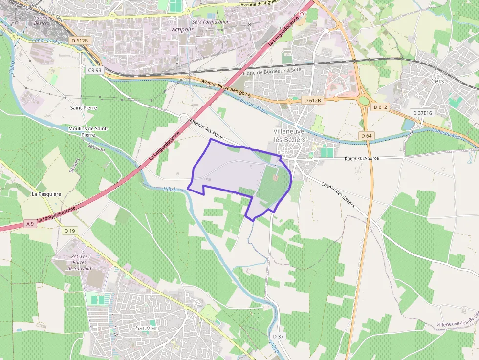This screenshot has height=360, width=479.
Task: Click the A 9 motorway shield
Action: (30, 224)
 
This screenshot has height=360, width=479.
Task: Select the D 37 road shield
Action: (278, 336)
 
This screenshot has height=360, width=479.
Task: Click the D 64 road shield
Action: (367, 135)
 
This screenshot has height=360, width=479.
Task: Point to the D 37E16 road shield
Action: (422, 113)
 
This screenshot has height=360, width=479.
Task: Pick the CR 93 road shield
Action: (95, 70)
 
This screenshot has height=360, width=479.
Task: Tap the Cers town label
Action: (437, 81)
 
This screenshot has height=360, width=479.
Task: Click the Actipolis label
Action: (183, 29)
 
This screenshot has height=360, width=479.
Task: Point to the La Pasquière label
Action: (46, 194)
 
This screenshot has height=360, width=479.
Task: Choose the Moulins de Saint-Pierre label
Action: (88, 131)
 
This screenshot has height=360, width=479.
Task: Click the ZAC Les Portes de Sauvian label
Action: (79, 262)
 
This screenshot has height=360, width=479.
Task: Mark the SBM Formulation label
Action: (211, 22)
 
